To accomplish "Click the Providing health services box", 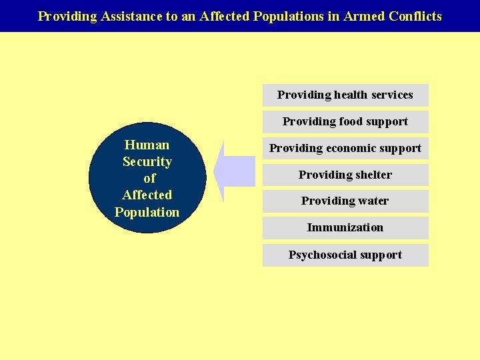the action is point(345,95).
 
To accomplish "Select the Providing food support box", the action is point(345,121).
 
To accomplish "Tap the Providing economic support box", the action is point(345,148).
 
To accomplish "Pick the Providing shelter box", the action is point(345,175).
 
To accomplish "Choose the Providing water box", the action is point(345,201).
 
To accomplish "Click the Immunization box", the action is point(345,227).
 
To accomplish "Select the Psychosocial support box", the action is point(345,255).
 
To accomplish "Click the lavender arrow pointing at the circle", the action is point(237,171).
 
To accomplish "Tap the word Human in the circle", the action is point(147,145).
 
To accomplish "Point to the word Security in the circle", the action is point(147,161).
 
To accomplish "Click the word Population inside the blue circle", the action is point(147,212).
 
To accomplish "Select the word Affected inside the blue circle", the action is point(147,195).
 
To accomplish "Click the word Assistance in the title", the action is point(131,16).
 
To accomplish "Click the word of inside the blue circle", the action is point(149,178).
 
